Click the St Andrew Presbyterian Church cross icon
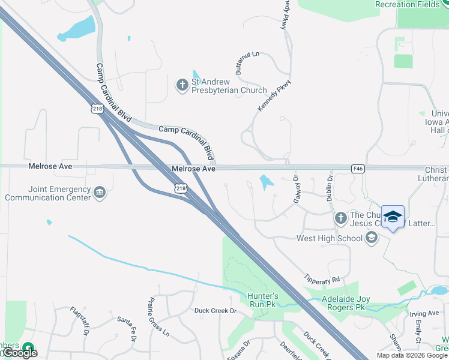tap(182, 86)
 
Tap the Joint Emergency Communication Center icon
tap(100, 193)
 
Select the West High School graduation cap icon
tap(372, 238)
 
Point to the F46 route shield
tap(358, 169)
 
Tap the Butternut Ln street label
tap(247, 62)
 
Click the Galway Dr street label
tap(296, 190)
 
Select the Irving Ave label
tap(424, 313)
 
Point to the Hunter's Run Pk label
tap(263, 300)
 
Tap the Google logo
tap(21, 353)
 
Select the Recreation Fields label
tap(403, 4)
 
